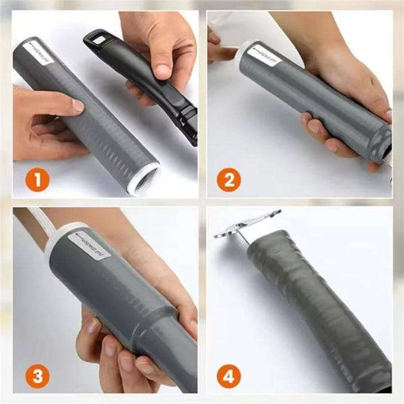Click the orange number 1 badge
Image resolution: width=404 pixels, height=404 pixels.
[38, 180]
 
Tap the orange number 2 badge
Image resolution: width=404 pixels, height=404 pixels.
[228, 180]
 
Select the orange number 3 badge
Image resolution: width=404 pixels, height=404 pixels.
[38, 377]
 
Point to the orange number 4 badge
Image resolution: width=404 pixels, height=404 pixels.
[228, 375]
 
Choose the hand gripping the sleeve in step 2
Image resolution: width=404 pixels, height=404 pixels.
[337, 112]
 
